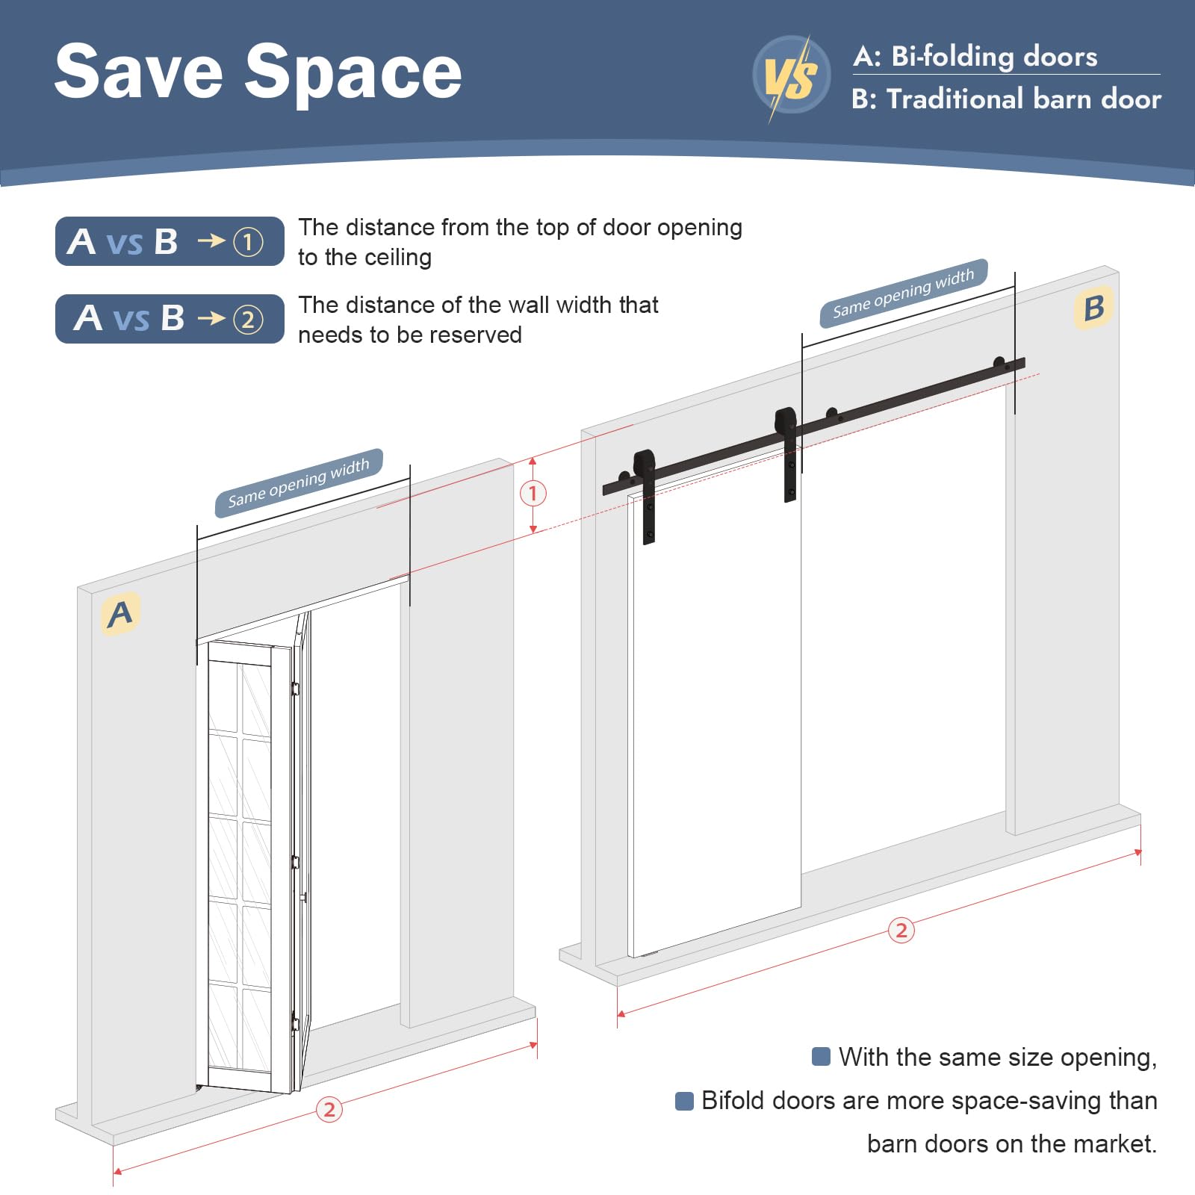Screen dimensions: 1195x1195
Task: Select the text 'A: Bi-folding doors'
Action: click(x=975, y=56)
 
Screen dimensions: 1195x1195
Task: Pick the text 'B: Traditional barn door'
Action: click(x=1006, y=99)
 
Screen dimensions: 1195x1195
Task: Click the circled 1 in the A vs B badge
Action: click(x=248, y=241)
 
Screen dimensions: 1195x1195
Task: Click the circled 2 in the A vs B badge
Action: click(x=248, y=320)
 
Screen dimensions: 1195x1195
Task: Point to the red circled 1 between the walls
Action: click(x=533, y=493)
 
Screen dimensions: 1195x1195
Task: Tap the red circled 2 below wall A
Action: click(x=329, y=1110)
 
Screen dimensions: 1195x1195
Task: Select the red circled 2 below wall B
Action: click(x=901, y=930)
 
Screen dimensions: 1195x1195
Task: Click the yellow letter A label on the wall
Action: click(x=120, y=614)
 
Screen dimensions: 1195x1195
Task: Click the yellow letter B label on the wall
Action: click(x=1094, y=307)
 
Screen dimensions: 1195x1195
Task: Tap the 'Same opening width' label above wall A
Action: click(x=299, y=482)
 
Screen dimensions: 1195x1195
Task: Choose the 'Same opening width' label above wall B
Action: click(x=904, y=293)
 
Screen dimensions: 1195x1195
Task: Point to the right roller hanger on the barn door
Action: click(x=787, y=453)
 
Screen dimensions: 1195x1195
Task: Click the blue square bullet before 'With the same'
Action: click(x=821, y=1057)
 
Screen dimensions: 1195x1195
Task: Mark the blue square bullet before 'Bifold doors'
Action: click(x=684, y=1101)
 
